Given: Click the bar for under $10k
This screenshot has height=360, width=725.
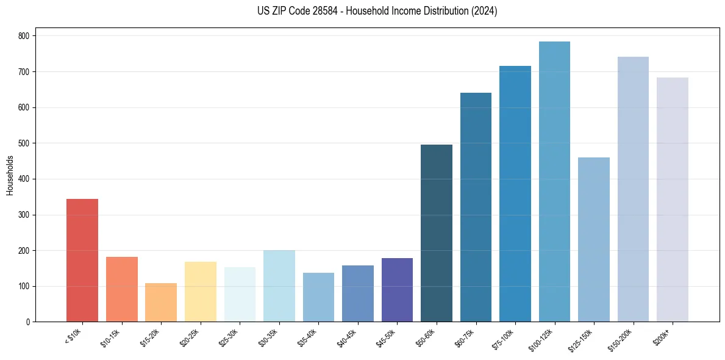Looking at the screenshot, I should [x=82, y=261].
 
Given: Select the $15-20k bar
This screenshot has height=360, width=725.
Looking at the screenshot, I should [x=161, y=303].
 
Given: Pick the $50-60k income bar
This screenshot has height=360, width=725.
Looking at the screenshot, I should [x=436, y=233].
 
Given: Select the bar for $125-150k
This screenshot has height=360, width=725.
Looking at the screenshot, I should [x=593, y=240].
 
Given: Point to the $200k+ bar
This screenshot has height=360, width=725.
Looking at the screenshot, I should [x=672, y=200].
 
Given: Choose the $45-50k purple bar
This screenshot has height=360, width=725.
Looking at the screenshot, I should [x=397, y=290].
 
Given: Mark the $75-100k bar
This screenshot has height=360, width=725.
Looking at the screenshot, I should [x=515, y=194].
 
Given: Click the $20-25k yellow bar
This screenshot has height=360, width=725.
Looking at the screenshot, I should [x=200, y=292].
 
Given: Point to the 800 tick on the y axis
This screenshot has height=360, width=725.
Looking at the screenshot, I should [x=24, y=36].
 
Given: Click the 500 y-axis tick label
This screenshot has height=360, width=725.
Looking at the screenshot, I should [x=24, y=143].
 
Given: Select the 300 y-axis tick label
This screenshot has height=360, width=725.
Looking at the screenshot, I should [x=24, y=215].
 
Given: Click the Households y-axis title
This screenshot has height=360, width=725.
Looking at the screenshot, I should [x=10, y=175].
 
